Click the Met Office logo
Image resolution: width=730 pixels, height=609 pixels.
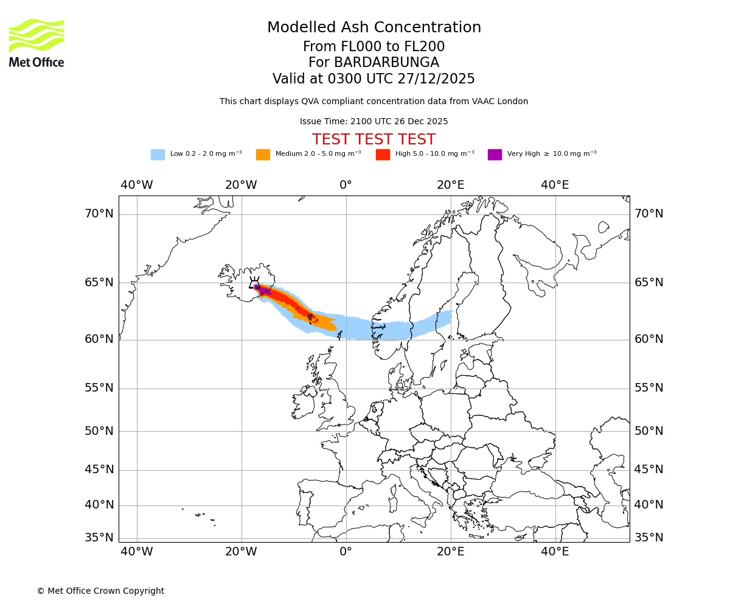pyautogui.click(x=36, y=43)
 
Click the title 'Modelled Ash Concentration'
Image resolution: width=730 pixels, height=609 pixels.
pyautogui.click(x=374, y=28)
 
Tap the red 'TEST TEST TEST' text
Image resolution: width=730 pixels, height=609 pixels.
pyautogui.click(x=374, y=139)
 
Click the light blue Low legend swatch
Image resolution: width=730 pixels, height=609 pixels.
pyautogui.click(x=158, y=155)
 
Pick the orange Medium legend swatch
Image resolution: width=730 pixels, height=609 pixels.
pyautogui.click(x=263, y=155)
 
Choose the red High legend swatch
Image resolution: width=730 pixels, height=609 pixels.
pyautogui.click(x=383, y=155)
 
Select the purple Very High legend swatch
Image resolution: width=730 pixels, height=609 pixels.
pyautogui.click(x=495, y=155)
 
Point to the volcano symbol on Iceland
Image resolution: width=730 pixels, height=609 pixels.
pyautogui.click(x=254, y=283)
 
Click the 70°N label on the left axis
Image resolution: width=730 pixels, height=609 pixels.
pyautogui.click(x=99, y=214)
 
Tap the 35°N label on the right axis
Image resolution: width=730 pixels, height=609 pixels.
pyautogui.click(x=648, y=538)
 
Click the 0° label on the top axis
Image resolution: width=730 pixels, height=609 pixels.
pyautogui.click(x=346, y=185)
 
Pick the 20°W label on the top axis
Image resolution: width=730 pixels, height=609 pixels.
pyautogui.click(x=241, y=185)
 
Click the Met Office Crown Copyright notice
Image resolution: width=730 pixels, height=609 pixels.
pyautogui.click(x=100, y=591)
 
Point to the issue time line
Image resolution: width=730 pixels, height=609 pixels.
pyautogui.click(x=374, y=122)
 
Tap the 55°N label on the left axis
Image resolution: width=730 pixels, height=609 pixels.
pyautogui.click(x=99, y=388)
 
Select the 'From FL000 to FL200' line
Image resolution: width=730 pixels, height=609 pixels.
pyautogui.click(x=374, y=47)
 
